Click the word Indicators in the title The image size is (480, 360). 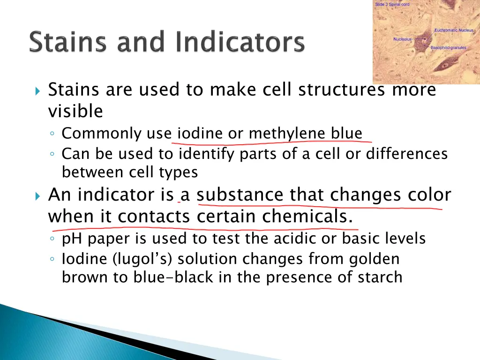tap(240, 43)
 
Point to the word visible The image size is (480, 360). tap(75, 112)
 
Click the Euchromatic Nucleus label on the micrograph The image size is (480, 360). tap(454, 30)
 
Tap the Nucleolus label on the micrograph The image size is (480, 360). tap(402, 39)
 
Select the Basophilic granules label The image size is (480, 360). tap(448, 48)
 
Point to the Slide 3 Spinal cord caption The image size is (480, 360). tap(392, 4)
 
